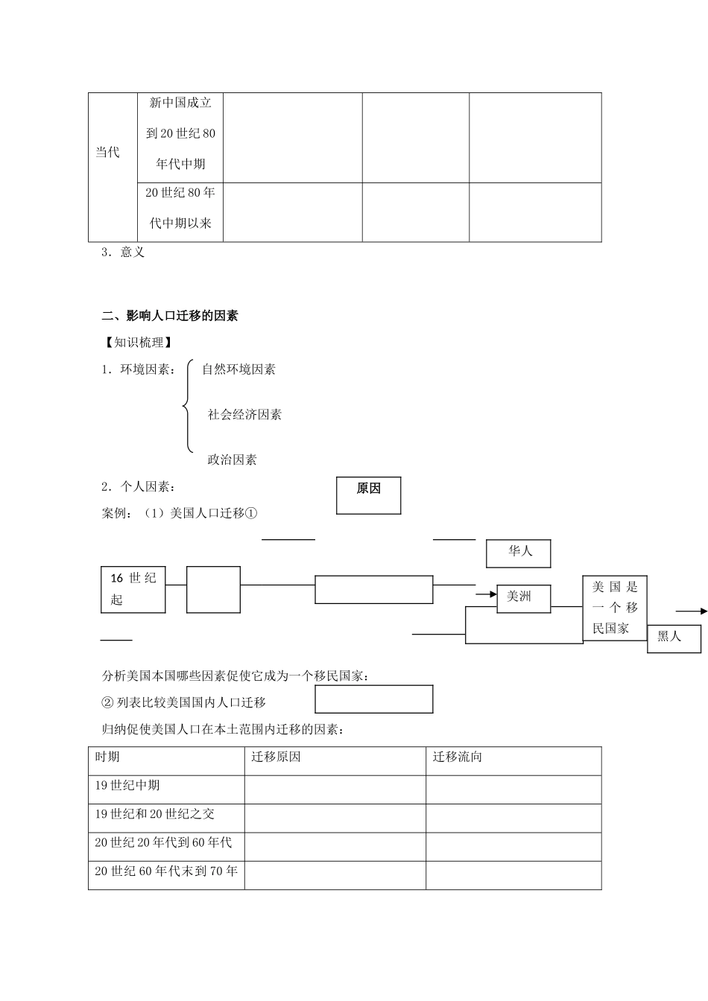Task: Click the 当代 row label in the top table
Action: (107, 153)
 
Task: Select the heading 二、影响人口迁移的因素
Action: (170, 316)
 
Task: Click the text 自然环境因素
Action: (238, 369)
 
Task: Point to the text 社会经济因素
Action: (244, 415)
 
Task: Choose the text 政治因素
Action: (232, 460)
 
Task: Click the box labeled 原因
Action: (368, 495)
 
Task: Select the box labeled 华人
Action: (519, 553)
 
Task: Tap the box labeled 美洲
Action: (524, 597)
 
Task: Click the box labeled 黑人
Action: (674, 638)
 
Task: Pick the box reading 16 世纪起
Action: (133, 589)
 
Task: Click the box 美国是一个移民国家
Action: (615, 608)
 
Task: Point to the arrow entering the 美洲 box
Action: (486, 594)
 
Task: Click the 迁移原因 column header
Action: (276, 757)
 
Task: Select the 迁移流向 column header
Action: (458, 757)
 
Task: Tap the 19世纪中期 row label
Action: (127, 786)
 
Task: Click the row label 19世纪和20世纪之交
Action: (155, 814)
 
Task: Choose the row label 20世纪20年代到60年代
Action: (163, 842)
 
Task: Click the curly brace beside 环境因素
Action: (187, 406)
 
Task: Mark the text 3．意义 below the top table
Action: (123, 252)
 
